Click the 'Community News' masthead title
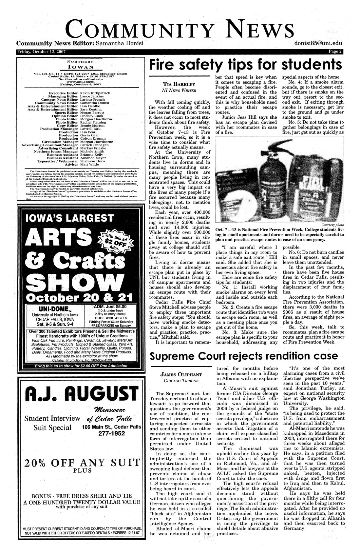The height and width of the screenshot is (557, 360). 180,29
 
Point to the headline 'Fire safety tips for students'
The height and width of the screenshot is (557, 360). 243,65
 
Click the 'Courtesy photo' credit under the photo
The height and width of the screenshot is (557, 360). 333,225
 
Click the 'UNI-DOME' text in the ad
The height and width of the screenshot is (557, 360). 53,309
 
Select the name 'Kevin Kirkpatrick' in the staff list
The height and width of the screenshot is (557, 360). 95,93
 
